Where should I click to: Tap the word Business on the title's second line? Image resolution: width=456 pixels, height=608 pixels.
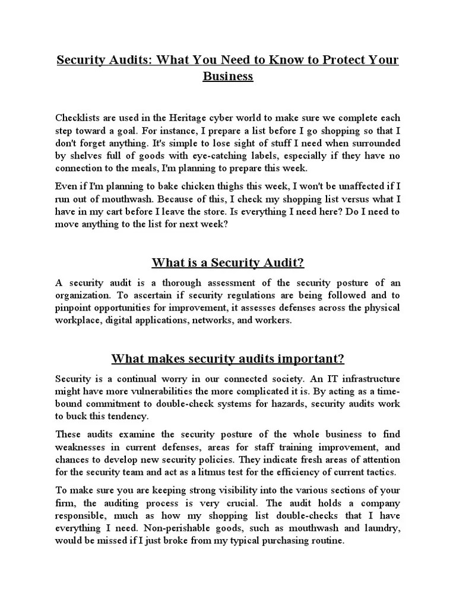point(228,77)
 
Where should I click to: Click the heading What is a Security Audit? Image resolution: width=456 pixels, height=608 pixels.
point(227,262)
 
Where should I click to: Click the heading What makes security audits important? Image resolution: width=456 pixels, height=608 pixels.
point(227,359)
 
